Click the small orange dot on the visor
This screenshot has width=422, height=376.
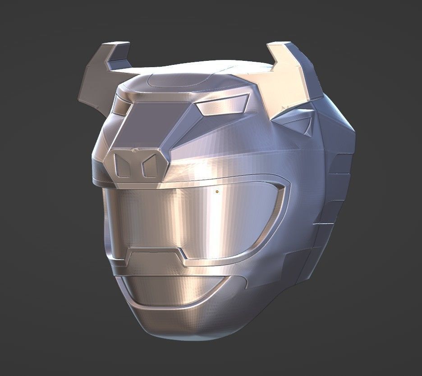click(x=217, y=192)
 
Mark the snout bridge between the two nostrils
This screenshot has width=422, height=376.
click(x=135, y=166)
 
